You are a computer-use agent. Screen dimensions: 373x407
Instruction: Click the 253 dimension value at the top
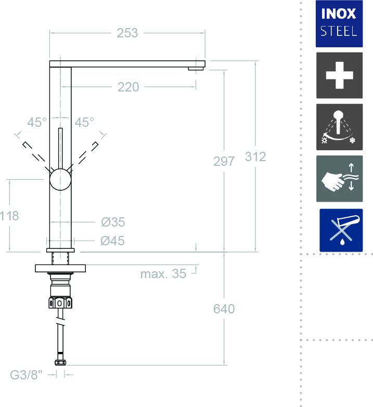click(x=127, y=33)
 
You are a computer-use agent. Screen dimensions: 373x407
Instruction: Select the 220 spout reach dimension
click(x=128, y=87)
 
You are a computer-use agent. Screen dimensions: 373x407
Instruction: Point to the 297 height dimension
click(x=224, y=162)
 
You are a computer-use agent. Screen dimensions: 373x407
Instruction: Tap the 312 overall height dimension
click(x=255, y=157)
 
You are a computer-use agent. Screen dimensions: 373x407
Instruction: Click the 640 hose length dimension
click(x=224, y=309)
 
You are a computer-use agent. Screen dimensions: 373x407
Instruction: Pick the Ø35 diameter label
click(x=113, y=222)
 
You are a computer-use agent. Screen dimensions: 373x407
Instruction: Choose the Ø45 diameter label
click(x=112, y=241)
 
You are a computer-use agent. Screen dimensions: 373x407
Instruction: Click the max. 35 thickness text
click(x=163, y=274)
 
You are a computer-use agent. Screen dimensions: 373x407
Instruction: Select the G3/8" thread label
click(x=26, y=375)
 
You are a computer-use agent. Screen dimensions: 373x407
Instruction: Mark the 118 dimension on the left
click(x=9, y=216)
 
